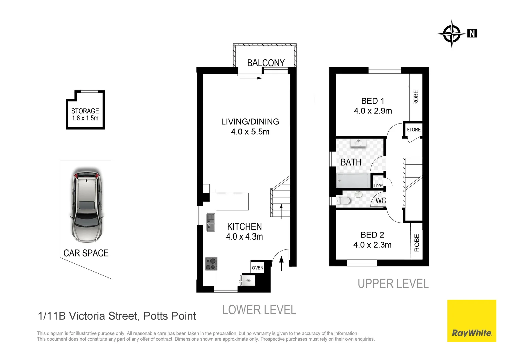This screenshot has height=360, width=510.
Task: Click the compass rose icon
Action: click(452, 34)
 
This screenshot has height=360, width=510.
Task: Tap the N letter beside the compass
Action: click(472, 33)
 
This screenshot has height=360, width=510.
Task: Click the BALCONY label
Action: click(266, 63)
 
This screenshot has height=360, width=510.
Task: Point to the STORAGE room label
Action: click(85, 111)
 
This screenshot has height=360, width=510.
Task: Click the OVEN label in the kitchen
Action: click(258, 268)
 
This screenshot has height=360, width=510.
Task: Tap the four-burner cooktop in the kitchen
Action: click(211, 264)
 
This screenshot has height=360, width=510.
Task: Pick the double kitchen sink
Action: click(211, 222)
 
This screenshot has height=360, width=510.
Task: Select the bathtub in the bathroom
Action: click(353, 181)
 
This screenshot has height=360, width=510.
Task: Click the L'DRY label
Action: click(378, 186)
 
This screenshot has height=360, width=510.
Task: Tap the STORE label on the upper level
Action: click(414, 130)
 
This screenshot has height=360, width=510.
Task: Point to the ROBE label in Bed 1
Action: click(416, 97)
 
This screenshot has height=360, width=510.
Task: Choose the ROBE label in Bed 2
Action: click(417, 243)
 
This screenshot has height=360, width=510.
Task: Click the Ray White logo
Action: click(472, 321)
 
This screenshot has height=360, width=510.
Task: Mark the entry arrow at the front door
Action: click(282, 264)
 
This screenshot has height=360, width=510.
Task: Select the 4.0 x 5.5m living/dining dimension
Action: click(250, 132)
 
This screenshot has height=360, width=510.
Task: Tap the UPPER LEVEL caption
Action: click(393, 284)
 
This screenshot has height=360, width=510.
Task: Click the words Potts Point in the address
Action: click(170, 316)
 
